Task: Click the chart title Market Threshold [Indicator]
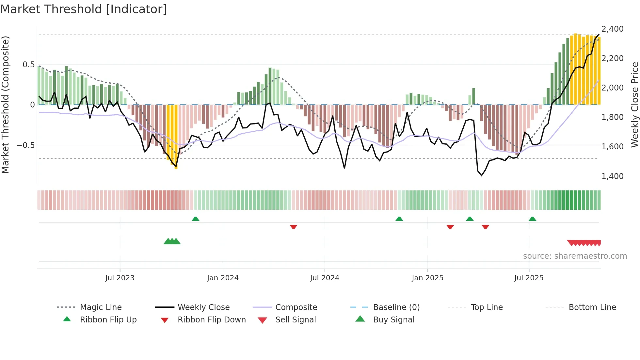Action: coord(84,9)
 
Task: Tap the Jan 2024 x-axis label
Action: coord(223,278)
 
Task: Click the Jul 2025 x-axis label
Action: coord(529,278)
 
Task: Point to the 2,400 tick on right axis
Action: coord(612,29)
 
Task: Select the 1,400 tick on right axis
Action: coord(612,176)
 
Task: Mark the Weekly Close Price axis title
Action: coord(634,105)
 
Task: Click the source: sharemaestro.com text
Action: coord(575,256)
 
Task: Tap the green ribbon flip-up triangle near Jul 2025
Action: coord(532,219)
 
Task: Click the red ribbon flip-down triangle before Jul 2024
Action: coord(293,227)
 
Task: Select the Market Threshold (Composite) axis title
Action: coord(5,105)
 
